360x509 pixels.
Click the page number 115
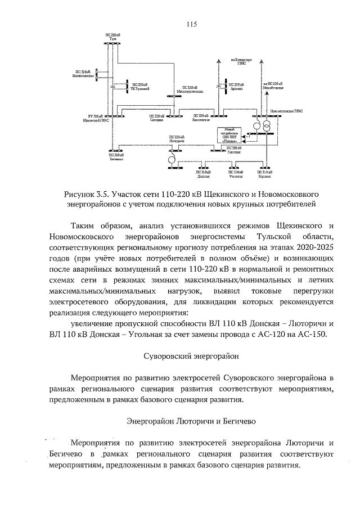point(191,24)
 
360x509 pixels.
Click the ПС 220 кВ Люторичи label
point(177,139)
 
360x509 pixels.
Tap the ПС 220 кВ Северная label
point(157,119)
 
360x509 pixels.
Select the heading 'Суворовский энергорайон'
point(180,357)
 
